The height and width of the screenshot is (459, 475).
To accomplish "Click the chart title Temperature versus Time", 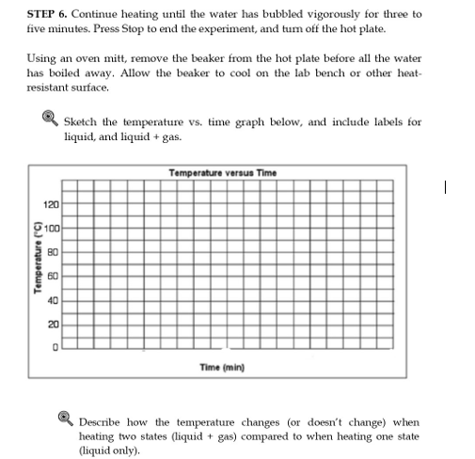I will [222, 172].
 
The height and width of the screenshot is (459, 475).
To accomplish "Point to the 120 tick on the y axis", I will [51, 203].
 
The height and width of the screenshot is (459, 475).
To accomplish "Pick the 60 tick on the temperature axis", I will [54, 276].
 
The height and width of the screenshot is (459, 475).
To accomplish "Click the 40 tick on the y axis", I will [54, 300].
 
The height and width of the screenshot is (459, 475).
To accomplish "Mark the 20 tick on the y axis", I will [54, 324].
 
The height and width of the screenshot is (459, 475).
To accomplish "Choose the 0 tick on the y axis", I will [55, 348].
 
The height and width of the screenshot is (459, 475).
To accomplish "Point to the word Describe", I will [103, 422].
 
